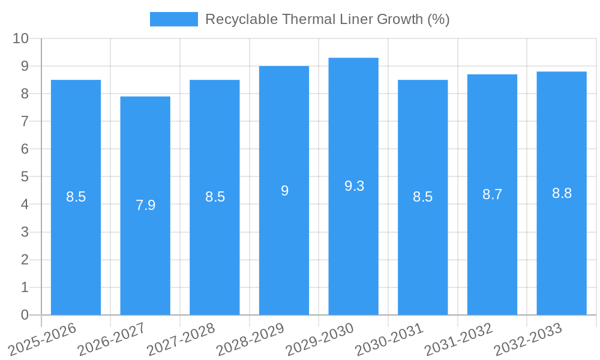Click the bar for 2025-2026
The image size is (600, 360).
click(x=76, y=240)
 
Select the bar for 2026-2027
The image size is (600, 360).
click(x=145, y=252)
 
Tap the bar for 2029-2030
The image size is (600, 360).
click(x=353, y=240)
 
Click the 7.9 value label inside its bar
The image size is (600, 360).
click(x=145, y=205)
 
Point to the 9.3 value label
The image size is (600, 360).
click(x=354, y=186)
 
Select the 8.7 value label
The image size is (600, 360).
click(x=492, y=194)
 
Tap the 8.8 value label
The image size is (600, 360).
click(x=562, y=193)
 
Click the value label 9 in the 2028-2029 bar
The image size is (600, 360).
click(x=284, y=191)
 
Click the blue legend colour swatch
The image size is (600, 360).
click(x=173, y=19)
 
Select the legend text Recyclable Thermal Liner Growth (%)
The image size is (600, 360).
click(x=327, y=19)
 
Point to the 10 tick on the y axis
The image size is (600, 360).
click(x=21, y=38)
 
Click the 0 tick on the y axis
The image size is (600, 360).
click(x=25, y=315)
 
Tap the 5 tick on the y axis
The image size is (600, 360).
click(x=25, y=177)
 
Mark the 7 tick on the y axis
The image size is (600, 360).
click(x=25, y=121)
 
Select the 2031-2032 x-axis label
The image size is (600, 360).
click(x=459, y=339)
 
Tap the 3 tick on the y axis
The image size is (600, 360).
click(x=25, y=232)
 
